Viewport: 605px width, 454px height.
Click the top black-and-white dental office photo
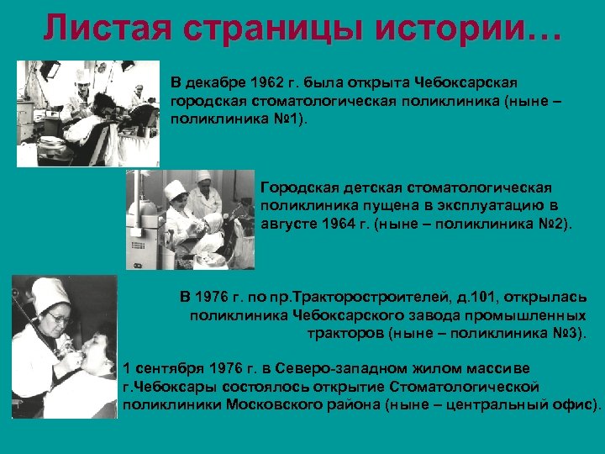[87, 113]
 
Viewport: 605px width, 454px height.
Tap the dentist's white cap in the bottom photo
[49, 294]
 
